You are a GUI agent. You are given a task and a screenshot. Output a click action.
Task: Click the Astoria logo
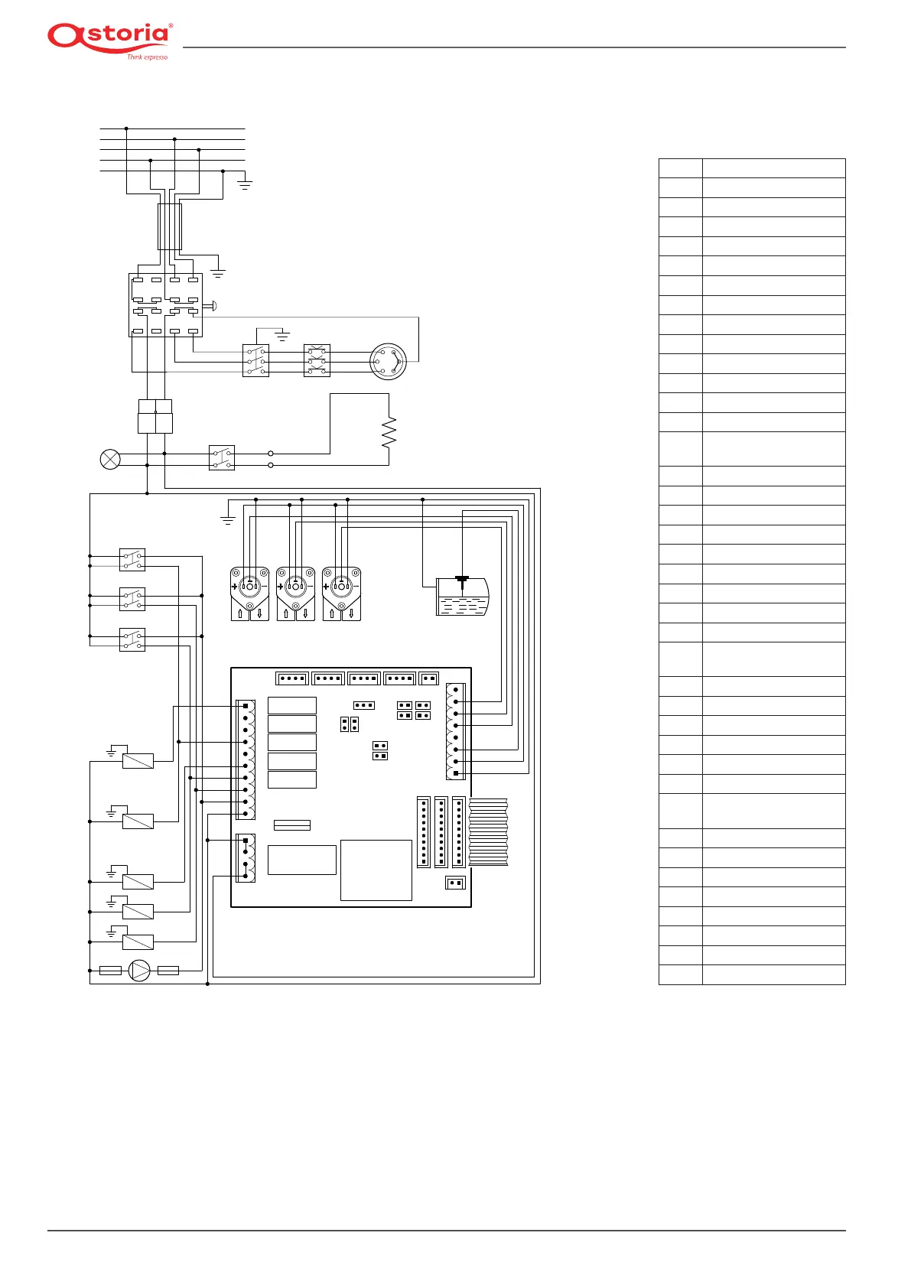pos(110,41)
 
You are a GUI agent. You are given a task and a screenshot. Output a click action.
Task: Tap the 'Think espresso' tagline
pos(147,57)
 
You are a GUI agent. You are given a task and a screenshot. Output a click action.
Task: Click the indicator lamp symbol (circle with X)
pos(110,460)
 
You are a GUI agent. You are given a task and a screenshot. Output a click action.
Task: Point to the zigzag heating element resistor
pos(389,432)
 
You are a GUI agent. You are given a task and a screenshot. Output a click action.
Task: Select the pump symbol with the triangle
pos(139,971)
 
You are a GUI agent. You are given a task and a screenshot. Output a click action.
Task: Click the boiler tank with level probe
pos(463,597)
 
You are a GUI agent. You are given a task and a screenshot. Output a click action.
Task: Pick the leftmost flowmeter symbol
pos(249,594)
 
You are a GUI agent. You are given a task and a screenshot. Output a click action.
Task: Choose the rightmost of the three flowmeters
pos(342,594)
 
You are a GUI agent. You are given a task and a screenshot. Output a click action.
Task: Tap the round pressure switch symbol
pos(389,361)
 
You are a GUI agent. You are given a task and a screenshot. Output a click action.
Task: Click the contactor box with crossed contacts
pos(317,360)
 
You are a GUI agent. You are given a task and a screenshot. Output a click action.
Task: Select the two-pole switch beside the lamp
pos(221,458)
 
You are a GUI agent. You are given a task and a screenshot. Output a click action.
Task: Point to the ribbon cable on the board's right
pos(488,832)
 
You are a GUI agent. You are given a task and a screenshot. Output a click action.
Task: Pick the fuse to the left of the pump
pos(110,971)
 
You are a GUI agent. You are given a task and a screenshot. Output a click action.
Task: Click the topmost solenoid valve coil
pos(138,761)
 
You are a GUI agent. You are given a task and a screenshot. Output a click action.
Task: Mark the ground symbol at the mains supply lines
pos(245,184)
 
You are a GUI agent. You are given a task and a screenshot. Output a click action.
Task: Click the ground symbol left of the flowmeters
pos(228,520)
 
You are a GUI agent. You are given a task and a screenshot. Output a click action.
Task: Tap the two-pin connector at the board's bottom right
pos(456,883)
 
